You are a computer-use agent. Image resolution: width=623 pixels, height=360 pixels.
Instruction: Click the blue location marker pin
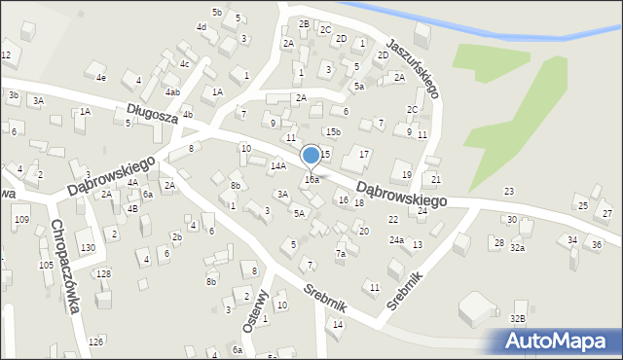point(311,156)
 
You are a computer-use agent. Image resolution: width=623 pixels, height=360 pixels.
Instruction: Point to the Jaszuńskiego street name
point(413,69)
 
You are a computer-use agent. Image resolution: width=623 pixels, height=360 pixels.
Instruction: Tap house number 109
point(21,220)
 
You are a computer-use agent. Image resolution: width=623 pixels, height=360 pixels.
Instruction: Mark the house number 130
point(88,248)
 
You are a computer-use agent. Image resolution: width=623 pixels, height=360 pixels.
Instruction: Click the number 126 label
point(95,342)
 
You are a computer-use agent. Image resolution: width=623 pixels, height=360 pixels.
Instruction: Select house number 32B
point(518,318)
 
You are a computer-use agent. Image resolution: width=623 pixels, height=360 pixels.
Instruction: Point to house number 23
point(508,191)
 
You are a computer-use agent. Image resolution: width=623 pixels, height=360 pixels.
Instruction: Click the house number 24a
point(396,239)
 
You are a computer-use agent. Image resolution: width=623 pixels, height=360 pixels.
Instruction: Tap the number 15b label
point(334,131)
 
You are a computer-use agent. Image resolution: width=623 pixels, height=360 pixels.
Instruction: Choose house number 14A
point(278,166)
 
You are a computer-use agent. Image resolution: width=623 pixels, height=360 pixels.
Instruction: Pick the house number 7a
point(341,254)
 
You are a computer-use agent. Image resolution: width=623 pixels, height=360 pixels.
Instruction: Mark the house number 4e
point(100,77)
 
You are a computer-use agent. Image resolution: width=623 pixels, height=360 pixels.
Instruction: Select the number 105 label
point(46,265)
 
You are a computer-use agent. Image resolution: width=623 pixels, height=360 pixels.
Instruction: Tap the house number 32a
point(518,248)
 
